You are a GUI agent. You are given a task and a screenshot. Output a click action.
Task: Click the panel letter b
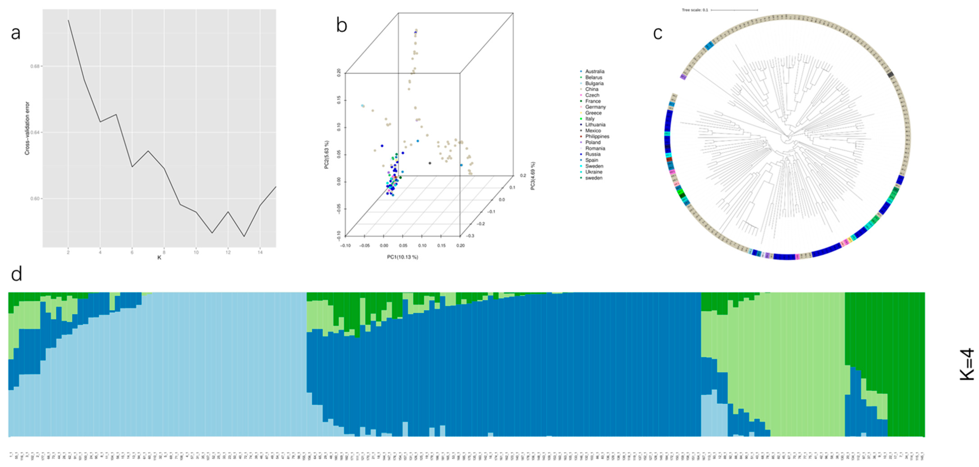click(x=342, y=26)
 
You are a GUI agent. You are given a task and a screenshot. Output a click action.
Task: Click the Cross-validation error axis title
click(x=27, y=128)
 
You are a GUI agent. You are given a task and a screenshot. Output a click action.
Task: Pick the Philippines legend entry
click(x=597, y=136)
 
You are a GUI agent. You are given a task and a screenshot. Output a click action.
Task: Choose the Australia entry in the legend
click(x=595, y=71)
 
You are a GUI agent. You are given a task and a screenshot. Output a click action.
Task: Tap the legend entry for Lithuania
click(x=595, y=124)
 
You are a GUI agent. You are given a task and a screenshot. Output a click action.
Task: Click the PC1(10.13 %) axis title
click(x=402, y=257)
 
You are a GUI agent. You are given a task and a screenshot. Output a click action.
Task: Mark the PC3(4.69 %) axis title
click(x=533, y=176)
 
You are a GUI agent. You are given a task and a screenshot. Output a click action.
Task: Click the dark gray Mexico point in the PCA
click(x=430, y=163)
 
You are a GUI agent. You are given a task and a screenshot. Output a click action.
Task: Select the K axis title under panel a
click(x=159, y=258)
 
